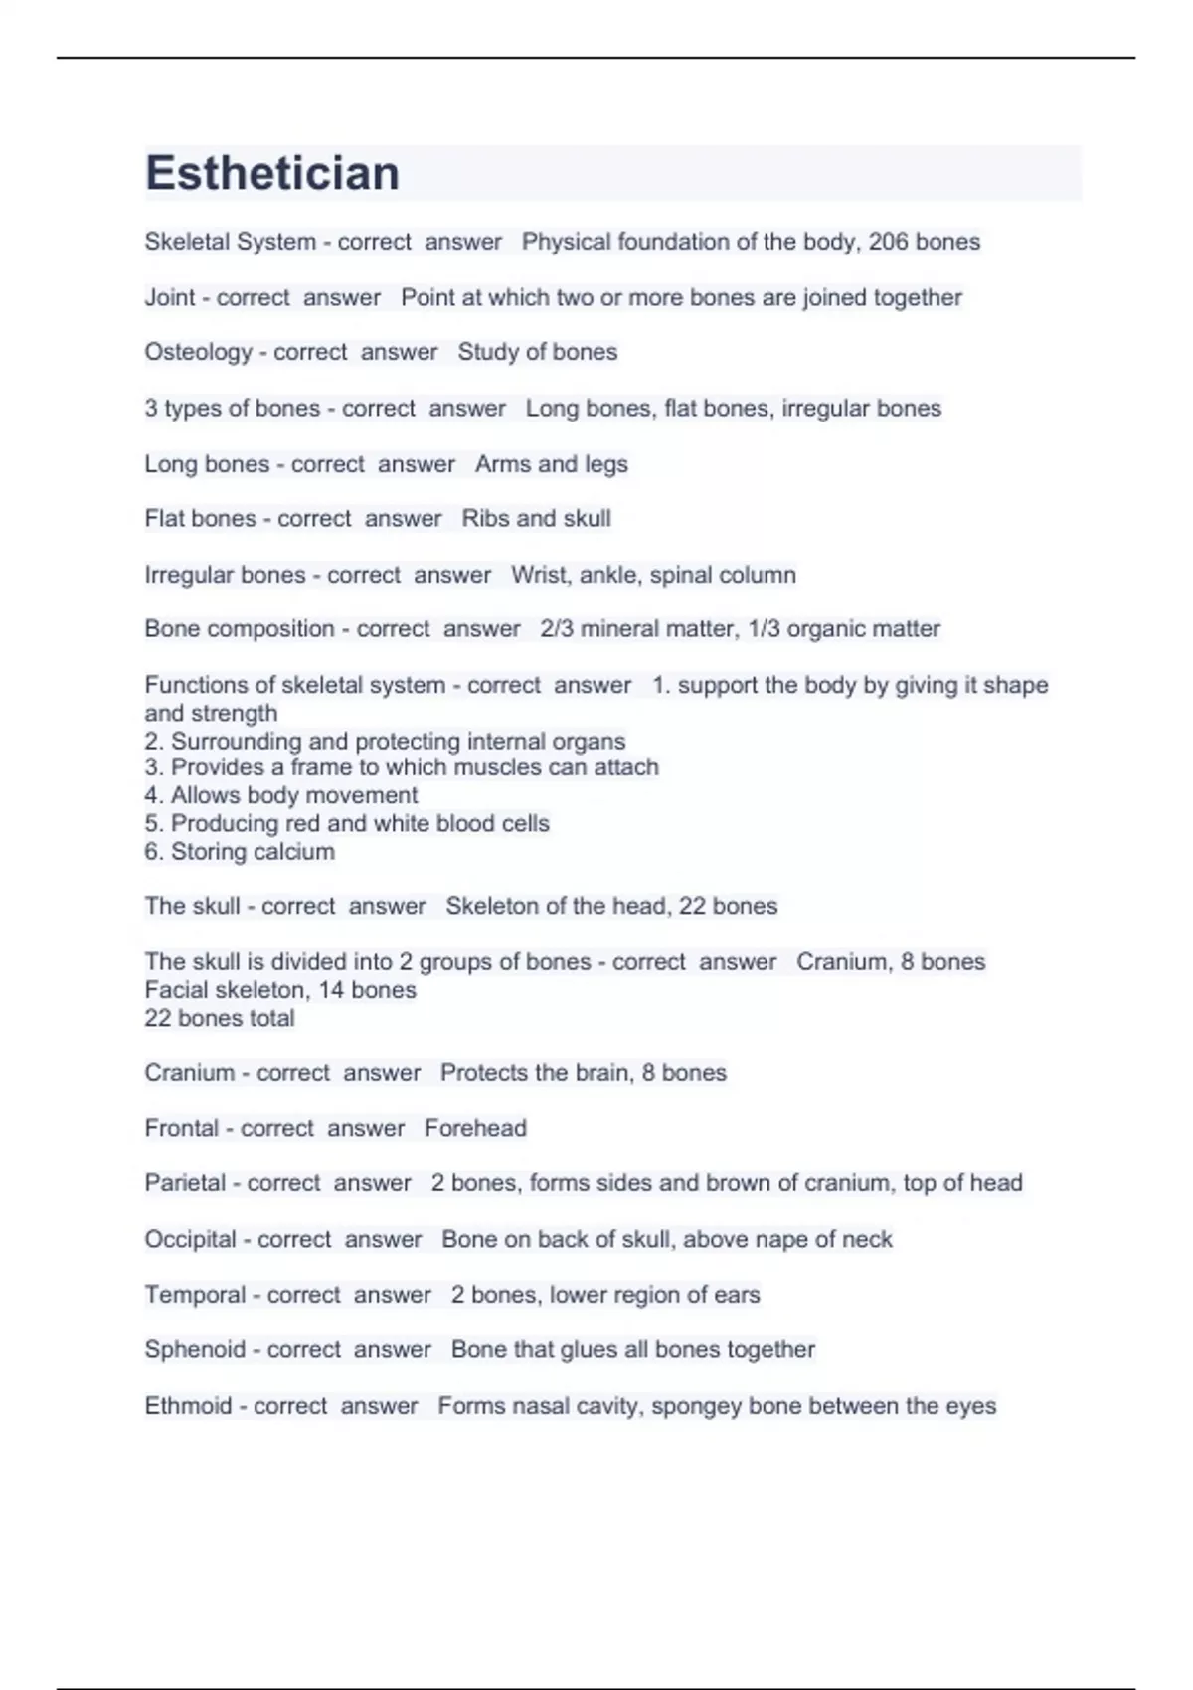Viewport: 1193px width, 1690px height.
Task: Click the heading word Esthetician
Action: coord(272,173)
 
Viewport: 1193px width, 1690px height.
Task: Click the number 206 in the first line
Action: coord(888,242)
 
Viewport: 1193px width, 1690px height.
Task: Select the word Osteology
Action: coord(198,352)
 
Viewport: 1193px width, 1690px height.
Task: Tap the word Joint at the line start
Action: coord(169,297)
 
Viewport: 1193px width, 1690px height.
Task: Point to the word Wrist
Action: coord(538,575)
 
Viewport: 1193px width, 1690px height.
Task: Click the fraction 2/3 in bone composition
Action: coord(557,629)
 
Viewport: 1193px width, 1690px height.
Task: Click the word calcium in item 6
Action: coord(294,852)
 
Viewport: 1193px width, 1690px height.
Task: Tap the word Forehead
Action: coord(475,1128)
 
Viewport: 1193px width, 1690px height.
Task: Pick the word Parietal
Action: coord(185,1183)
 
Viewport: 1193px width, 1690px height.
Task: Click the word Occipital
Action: coord(190,1239)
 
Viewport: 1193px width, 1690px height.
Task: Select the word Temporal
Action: coord(195,1295)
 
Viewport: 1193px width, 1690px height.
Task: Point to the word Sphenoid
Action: coord(195,1349)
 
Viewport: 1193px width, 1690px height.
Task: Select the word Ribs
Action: coord(485,519)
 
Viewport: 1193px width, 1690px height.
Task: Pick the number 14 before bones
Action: coord(331,990)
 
